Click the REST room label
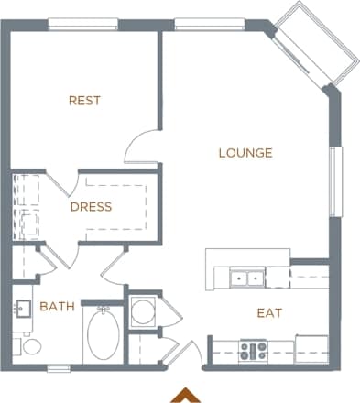point(84,101)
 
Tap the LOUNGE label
point(245,153)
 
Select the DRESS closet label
point(91,207)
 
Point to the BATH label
point(57,306)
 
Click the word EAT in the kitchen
point(268,313)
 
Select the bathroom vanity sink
point(23,310)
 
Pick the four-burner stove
point(252,349)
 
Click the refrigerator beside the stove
point(311,349)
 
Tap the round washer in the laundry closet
point(143,312)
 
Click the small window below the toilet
point(59,368)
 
